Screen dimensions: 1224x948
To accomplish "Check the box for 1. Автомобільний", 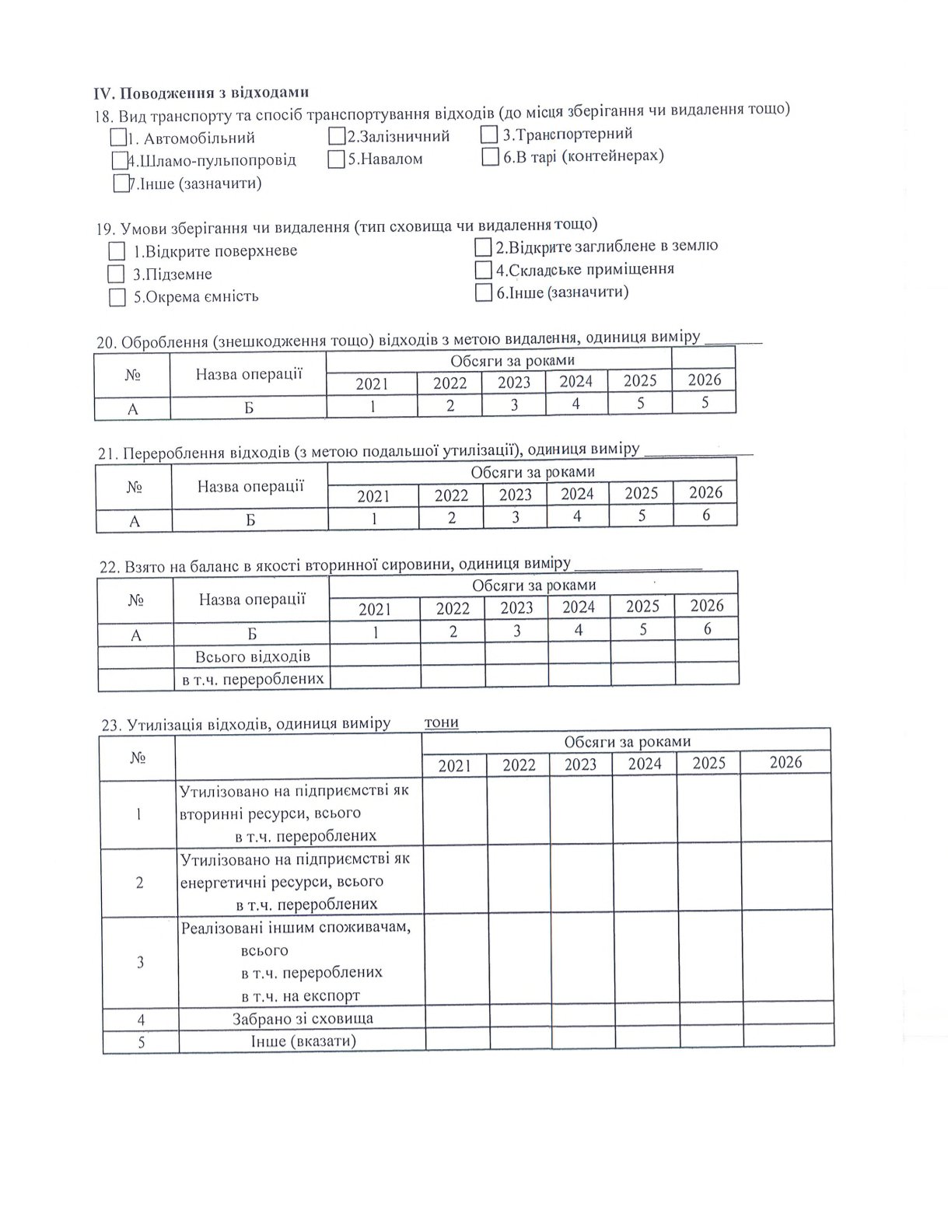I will click(118, 138).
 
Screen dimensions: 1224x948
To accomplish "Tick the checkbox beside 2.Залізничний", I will click(336, 136).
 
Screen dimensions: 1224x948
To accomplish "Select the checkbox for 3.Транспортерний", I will click(488, 135).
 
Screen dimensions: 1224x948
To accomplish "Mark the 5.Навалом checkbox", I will click(336, 159).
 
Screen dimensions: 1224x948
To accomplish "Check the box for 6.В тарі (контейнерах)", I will click(490, 157).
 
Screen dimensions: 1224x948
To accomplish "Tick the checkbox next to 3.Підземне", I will click(116, 274).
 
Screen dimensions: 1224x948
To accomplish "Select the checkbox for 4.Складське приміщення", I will click(483, 270).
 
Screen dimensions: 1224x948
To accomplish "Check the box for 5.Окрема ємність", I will click(117, 297).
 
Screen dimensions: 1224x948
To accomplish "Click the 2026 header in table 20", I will click(705, 379).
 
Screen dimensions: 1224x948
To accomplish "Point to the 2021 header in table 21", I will click(373, 496).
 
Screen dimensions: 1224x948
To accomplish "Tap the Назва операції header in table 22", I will click(252, 600).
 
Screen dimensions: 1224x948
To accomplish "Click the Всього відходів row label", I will click(252, 656).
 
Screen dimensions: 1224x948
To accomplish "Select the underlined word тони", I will click(441, 722).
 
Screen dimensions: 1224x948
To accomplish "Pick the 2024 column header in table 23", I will click(645, 764).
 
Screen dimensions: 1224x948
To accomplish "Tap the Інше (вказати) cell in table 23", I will click(303, 1040).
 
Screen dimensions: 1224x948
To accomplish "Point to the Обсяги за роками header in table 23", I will click(627, 742).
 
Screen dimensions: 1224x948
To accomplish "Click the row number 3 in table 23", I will click(140, 962).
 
